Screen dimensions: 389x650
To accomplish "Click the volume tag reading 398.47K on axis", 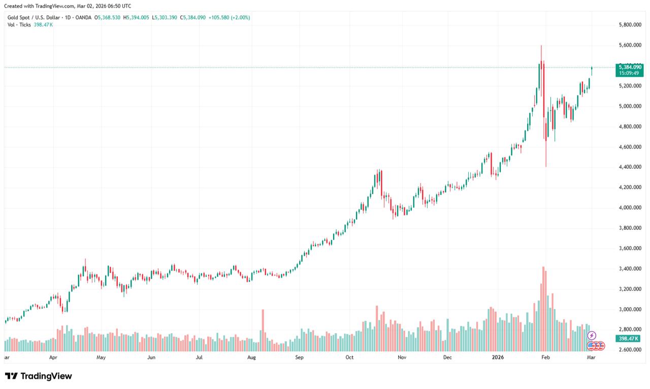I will (628, 339).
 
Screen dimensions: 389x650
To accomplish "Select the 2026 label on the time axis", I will (498, 357).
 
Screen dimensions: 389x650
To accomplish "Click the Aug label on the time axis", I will (251, 357).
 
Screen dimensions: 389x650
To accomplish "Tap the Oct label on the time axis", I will (349, 357).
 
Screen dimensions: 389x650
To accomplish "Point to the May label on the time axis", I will (101, 357).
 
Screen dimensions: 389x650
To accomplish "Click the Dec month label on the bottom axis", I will (447, 357).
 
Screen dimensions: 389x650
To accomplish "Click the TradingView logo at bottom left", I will (39, 376).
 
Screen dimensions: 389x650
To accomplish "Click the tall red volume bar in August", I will (263, 330).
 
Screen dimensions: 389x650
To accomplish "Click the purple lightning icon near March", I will (591, 336).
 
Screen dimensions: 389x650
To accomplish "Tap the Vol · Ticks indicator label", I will (19, 24).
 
